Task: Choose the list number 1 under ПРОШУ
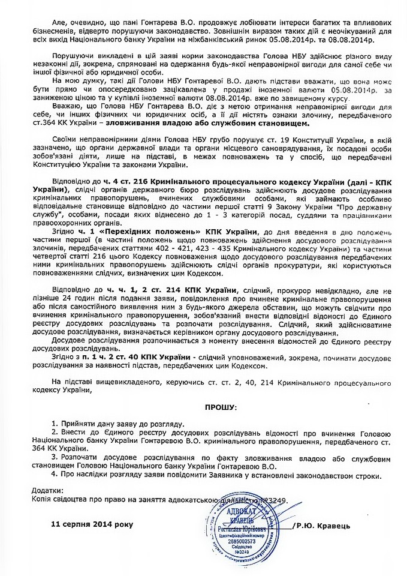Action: click(55, 423)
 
